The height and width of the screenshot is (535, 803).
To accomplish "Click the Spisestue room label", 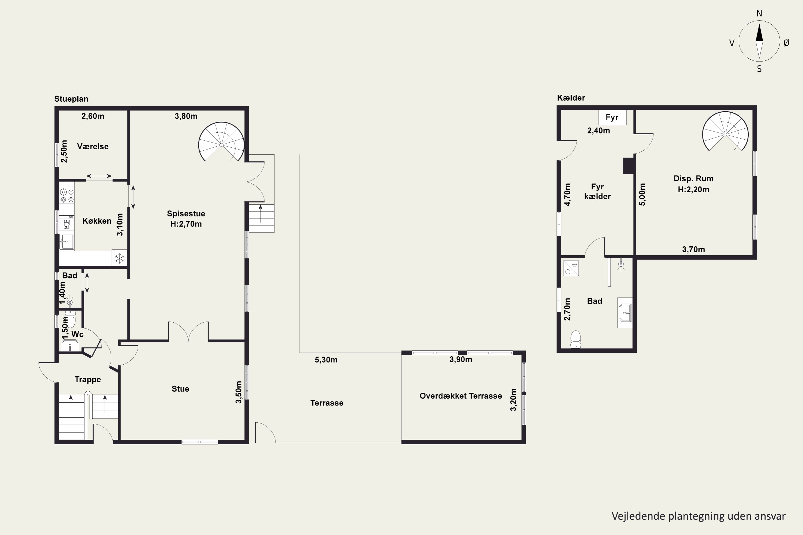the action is point(186,213).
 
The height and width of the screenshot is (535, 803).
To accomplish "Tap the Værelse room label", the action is point(93,146).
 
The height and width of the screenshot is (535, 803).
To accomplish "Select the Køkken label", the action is point(97,221).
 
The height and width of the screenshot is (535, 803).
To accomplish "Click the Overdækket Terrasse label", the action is point(461,396).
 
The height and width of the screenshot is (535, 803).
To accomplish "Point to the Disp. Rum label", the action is point(694,178).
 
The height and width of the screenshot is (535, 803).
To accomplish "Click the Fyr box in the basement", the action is point(612,117).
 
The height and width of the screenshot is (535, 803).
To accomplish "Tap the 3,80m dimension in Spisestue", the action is point(186,116).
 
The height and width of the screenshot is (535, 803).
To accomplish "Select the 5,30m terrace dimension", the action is point(326,360).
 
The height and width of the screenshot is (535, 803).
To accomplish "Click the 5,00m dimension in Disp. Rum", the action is point(642,194).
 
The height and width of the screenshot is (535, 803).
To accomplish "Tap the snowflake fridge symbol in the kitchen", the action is point(119,258).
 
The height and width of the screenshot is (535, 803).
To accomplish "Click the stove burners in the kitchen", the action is point(67,196).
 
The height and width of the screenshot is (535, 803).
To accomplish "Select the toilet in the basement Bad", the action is point(576,339).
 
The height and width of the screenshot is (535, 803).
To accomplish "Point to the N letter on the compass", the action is point(759,13).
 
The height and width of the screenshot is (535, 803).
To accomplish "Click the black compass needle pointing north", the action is point(759,33).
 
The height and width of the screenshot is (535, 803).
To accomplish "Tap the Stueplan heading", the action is point(71,99).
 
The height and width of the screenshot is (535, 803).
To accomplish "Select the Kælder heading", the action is point(571,98).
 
